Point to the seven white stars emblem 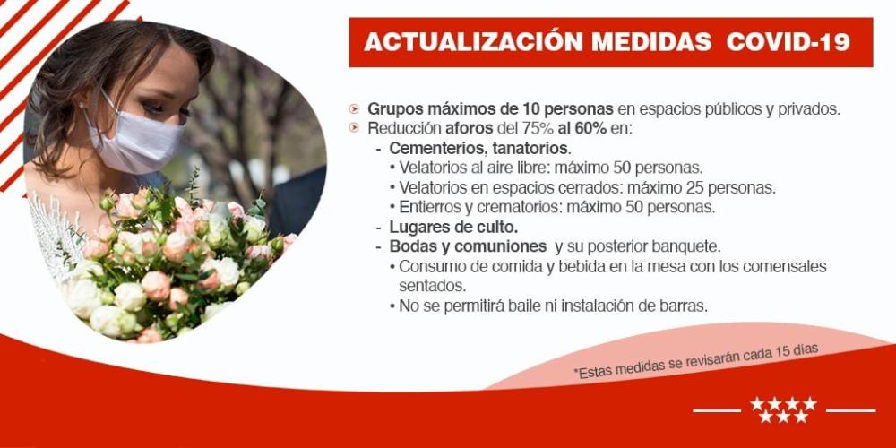[x=783, y=409]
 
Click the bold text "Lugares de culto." [x=453, y=227]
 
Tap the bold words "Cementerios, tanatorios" [x=478, y=148]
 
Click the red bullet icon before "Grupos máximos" [x=356, y=108]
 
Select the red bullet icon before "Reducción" [x=356, y=128]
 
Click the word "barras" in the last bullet [x=684, y=306]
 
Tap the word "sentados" [x=432, y=286]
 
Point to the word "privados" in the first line [x=810, y=108]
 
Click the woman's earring [x=82, y=105]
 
